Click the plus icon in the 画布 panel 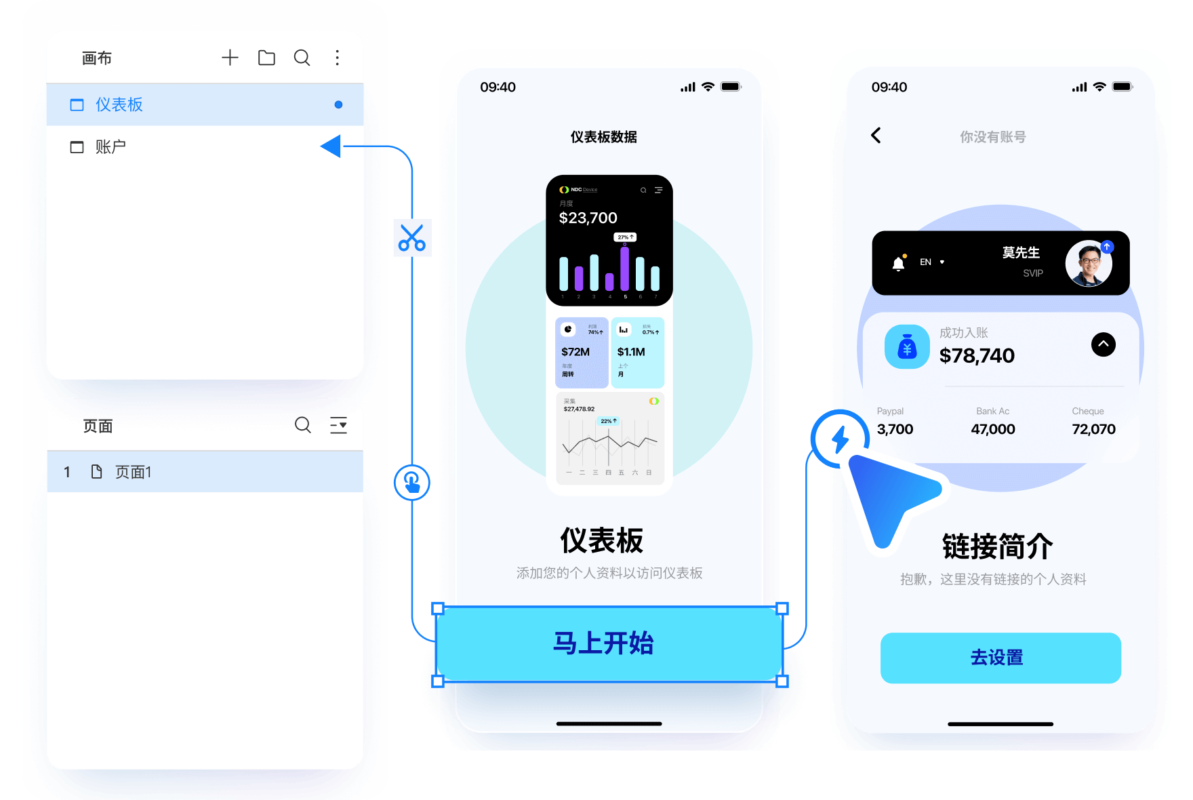(230, 58)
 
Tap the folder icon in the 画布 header (266, 58)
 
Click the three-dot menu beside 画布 (337, 58)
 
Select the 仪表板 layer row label (119, 104)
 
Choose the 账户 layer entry (110, 146)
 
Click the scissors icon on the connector (412, 237)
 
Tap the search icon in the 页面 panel (302, 425)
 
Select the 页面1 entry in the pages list (133, 472)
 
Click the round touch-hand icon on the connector (412, 483)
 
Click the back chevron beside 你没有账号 (876, 136)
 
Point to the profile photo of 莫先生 (1088, 263)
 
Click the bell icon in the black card (898, 263)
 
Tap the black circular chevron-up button (1103, 344)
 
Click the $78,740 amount (977, 355)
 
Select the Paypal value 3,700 (895, 429)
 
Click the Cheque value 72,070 (1093, 429)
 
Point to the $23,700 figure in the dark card (588, 218)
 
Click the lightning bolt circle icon (840, 439)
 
